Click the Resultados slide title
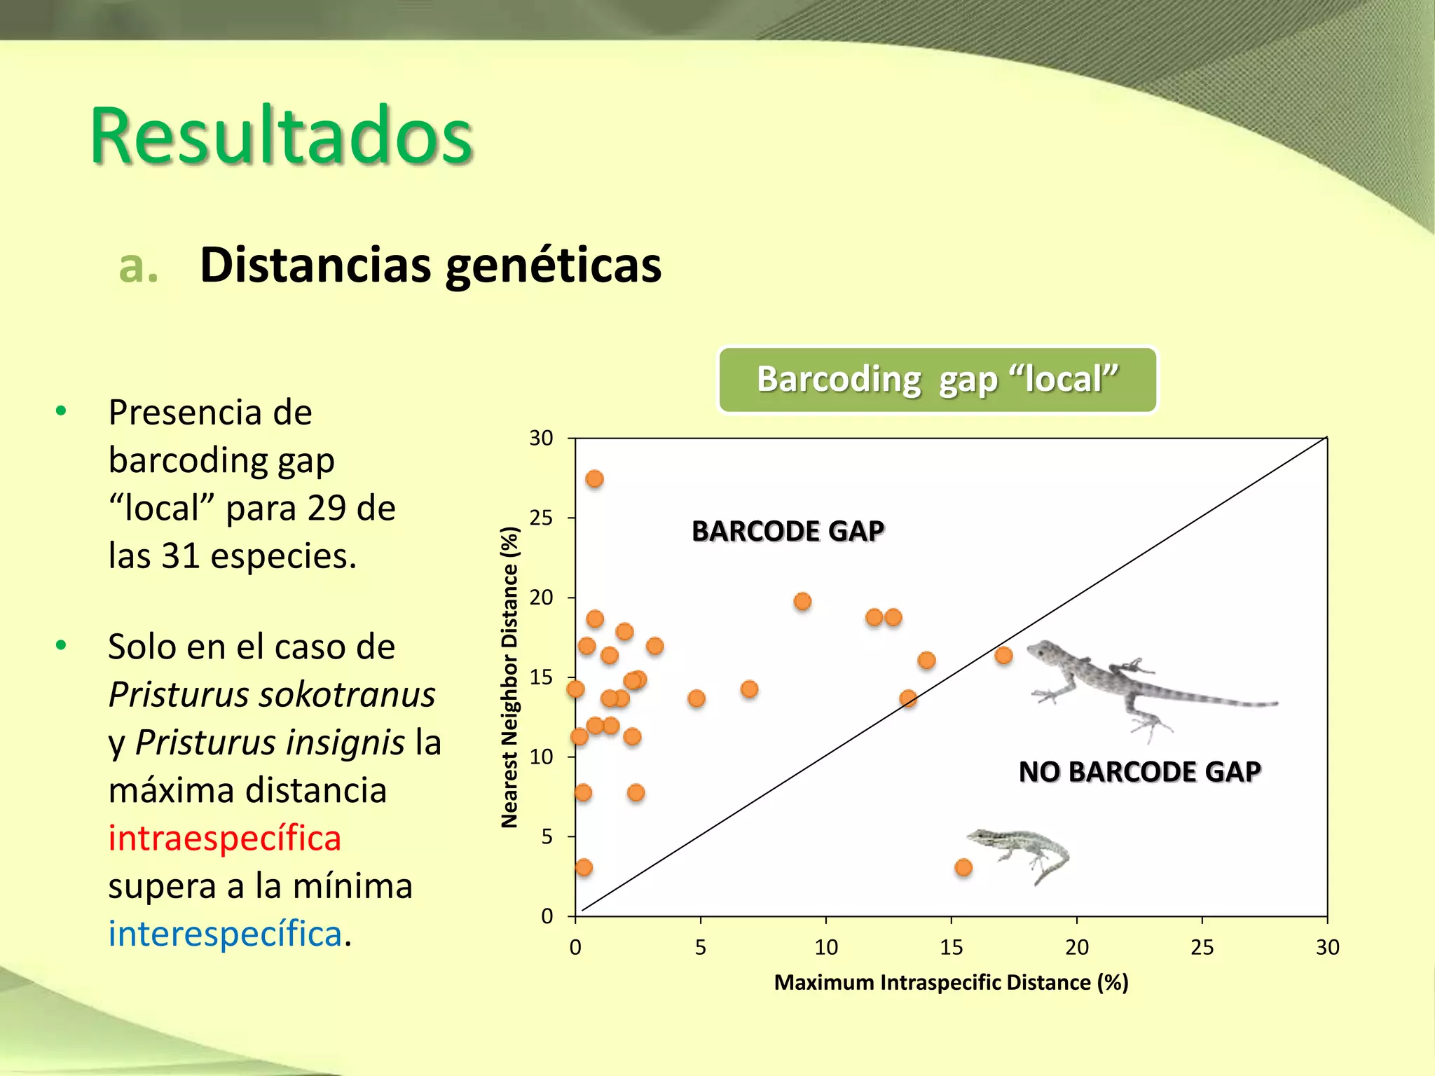point(281,136)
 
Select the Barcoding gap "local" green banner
point(937,380)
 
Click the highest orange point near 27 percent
point(594,479)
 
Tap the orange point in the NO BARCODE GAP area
point(963,867)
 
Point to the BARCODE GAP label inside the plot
point(788,531)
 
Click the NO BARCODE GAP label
point(1139,772)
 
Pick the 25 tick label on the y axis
point(541,518)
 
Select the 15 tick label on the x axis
point(951,948)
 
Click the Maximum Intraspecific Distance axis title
point(951,983)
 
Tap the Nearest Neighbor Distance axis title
point(510,677)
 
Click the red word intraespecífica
point(224,839)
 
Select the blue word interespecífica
point(224,934)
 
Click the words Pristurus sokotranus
point(272,695)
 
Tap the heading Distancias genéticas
point(430,265)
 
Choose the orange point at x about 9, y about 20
point(802,602)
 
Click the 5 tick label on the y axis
point(547,837)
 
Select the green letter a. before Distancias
point(138,266)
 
